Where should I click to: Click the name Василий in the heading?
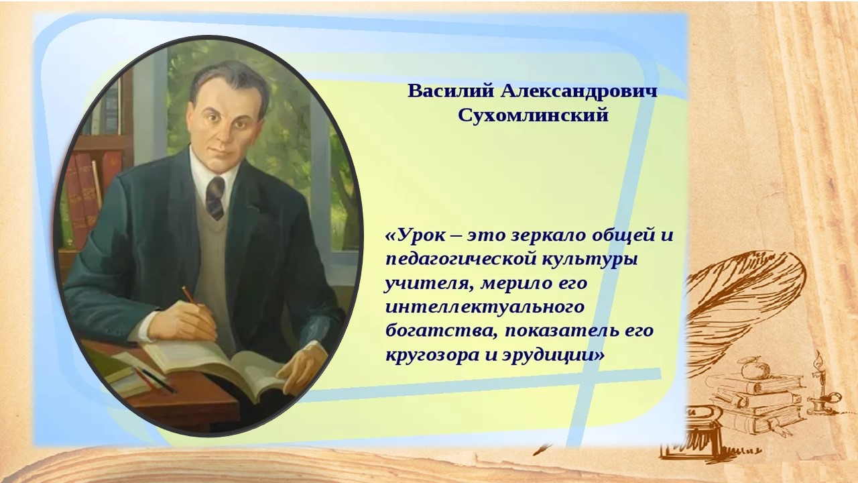(450, 91)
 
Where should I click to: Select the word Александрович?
(578, 91)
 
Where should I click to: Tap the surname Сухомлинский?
(533, 115)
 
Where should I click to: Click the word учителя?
(429, 284)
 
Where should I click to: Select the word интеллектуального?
(485, 307)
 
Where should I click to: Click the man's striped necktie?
(215, 198)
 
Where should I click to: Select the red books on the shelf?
(90, 192)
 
